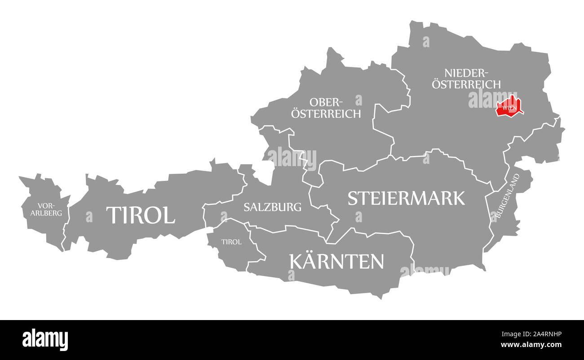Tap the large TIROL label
click(x=140, y=215)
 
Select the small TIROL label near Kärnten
click(x=231, y=242)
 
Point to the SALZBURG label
click(x=272, y=207)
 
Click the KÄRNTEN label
click(x=337, y=261)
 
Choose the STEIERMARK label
click(x=406, y=198)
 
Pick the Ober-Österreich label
click(x=326, y=108)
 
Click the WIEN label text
click(x=509, y=108)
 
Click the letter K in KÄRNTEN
click(x=296, y=261)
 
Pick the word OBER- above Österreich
click(x=325, y=102)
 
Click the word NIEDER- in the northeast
click(x=466, y=73)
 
